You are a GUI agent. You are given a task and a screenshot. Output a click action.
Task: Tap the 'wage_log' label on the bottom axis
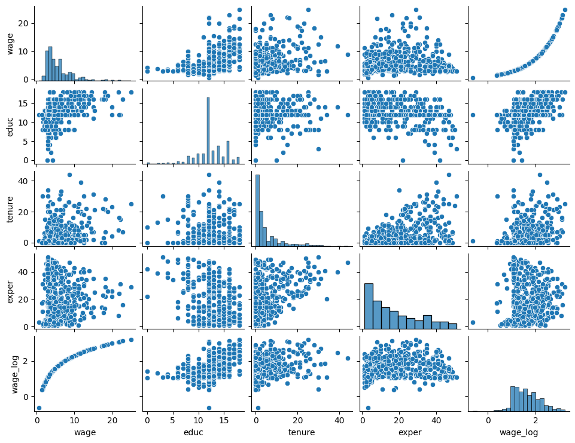pyautogui.click(x=518, y=431)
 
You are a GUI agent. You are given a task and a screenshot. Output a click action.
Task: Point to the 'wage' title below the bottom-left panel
pyautogui.click(x=84, y=431)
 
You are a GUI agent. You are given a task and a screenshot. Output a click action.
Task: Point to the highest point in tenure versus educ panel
pyautogui.click(x=209, y=175)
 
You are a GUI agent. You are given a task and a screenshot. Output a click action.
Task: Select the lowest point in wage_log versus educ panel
pyautogui.click(x=209, y=408)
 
